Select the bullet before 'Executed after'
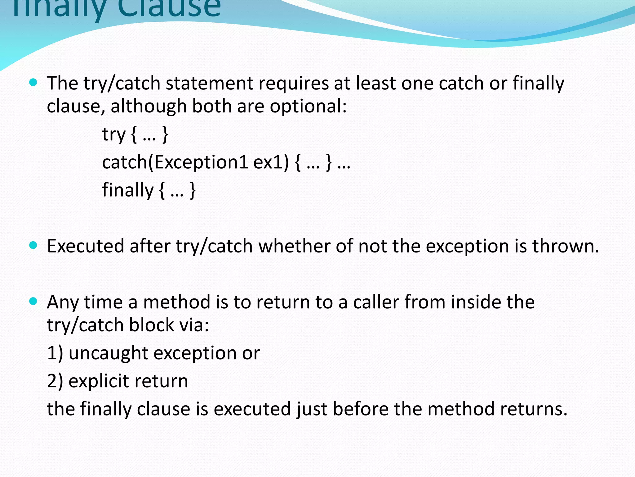pos(33,246)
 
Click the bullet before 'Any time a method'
pos(33,301)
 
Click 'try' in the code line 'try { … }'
pos(114,134)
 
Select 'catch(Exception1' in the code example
pos(175,162)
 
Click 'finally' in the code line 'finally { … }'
pos(128,190)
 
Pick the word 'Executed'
pos(85,246)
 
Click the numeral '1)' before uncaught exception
pos(55,353)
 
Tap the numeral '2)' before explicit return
pos(55,381)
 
